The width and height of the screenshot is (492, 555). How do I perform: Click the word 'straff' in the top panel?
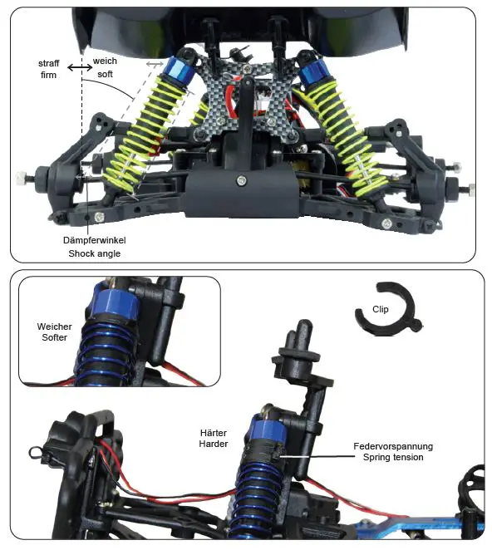pyautogui.click(x=48, y=64)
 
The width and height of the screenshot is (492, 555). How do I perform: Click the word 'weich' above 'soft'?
pyautogui.click(x=105, y=61)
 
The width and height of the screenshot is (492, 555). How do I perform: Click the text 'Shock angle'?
pyautogui.click(x=93, y=253)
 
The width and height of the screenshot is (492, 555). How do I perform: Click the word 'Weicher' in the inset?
pyautogui.click(x=54, y=327)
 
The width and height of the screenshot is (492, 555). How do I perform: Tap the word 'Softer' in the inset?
pyautogui.click(x=54, y=338)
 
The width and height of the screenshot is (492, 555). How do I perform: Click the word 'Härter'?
pyautogui.click(x=214, y=433)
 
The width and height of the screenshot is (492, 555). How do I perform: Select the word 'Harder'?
pyautogui.click(x=214, y=444)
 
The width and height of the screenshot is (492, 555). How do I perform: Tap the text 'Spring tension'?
pyautogui.click(x=387, y=458)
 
